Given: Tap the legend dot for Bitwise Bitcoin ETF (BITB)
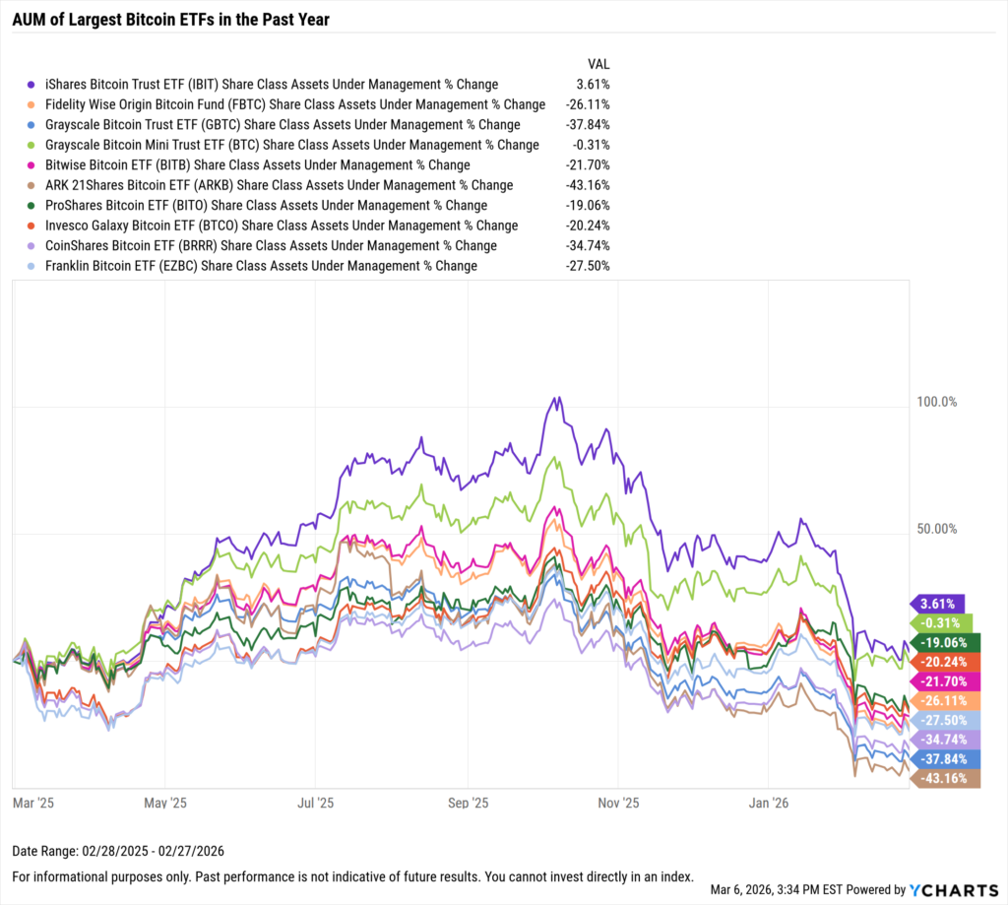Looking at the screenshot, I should pyautogui.click(x=31, y=165).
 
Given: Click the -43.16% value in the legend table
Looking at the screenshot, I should pyautogui.click(x=588, y=185).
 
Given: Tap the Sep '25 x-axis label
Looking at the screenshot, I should pyautogui.click(x=468, y=803).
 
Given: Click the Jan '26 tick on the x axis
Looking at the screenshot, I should pyautogui.click(x=768, y=803).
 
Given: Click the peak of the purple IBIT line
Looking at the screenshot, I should pyautogui.click(x=557, y=398).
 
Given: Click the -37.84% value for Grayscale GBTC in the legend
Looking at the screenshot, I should pyautogui.click(x=588, y=125).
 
